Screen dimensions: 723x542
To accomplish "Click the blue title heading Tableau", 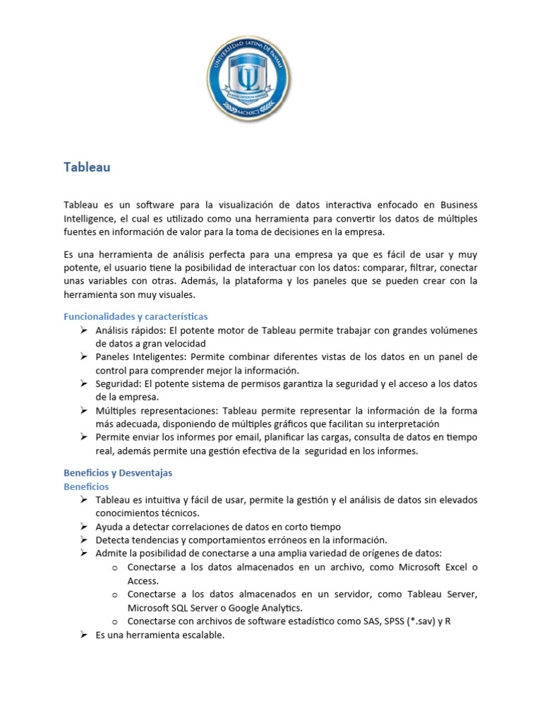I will click(x=87, y=167).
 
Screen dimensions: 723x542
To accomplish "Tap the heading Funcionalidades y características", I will click(x=135, y=316).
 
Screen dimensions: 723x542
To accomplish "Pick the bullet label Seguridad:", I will click(x=119, y=384).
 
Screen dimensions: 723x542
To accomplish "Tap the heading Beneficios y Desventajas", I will click(x=118, y=472).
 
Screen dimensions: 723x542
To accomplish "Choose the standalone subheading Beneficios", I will click(x=86, y=486).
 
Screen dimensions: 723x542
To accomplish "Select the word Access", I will click(x=142, y=580).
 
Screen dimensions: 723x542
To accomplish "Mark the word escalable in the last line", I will click(x=201, y=635).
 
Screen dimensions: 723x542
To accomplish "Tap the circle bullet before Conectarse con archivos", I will click(x=114, y=622).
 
